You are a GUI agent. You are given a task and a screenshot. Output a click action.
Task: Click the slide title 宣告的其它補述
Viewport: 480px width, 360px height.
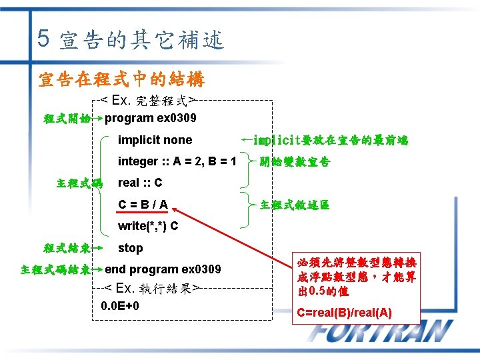click(x=141, y=41)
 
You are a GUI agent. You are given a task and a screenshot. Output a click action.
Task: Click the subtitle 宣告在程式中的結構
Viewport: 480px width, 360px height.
click(x=121, y=80)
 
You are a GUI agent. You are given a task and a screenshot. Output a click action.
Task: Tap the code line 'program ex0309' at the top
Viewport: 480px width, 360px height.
click(x=151, y=118)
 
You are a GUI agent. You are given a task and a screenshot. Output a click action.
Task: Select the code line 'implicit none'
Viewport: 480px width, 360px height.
click(x=155, y=140)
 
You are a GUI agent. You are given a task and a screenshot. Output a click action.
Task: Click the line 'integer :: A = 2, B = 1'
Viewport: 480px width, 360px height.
click(x=177, y=161)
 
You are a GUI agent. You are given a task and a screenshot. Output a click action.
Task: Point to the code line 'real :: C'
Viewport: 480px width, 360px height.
click(x=140, y=183)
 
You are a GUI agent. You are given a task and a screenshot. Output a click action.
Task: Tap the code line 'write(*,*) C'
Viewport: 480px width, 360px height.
click(x=148, y=226)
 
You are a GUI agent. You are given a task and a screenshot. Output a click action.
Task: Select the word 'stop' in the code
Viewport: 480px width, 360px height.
click(x=130, y=248)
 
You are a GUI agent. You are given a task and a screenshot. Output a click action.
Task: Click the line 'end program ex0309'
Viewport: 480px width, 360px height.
click(x=163, y=269)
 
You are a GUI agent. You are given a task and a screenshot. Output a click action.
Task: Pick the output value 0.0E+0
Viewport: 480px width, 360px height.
click(x=120, y=306)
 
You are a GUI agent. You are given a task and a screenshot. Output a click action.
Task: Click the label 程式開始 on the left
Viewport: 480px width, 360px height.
click(x=67, y=119)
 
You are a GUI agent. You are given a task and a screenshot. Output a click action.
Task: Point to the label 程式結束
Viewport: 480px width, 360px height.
click(x=67, y=249)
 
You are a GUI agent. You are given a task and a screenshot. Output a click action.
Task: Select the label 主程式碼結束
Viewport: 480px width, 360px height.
click(x=56, y=270)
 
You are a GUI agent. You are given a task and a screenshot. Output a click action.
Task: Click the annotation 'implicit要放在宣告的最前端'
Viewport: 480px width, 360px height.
click(x=331, y=140)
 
